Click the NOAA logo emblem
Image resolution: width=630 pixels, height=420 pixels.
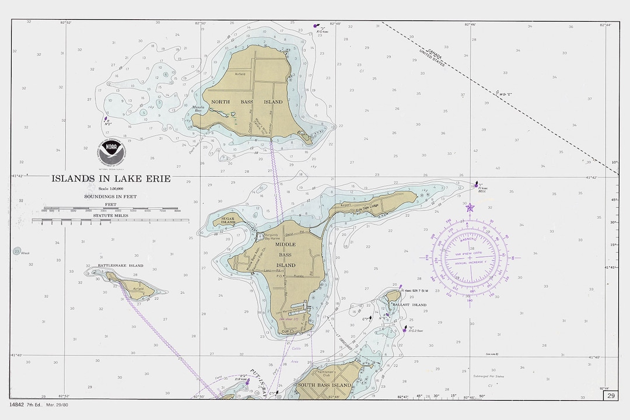point(111,153)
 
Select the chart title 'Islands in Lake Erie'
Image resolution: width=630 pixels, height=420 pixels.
point(111,178)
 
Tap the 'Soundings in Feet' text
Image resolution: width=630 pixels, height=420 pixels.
point(111,197)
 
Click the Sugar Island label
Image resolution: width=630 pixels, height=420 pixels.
point(228,220)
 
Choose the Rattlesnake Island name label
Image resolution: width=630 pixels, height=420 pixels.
point(120,266)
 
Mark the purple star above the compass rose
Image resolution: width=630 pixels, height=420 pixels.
point(470,207)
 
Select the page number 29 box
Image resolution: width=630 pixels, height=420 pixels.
point(610,396)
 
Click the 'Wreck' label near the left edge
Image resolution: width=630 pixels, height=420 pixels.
point(25,253)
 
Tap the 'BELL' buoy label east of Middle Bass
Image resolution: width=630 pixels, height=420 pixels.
point(482,191)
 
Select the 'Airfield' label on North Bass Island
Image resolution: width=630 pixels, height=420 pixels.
point(240,74)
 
